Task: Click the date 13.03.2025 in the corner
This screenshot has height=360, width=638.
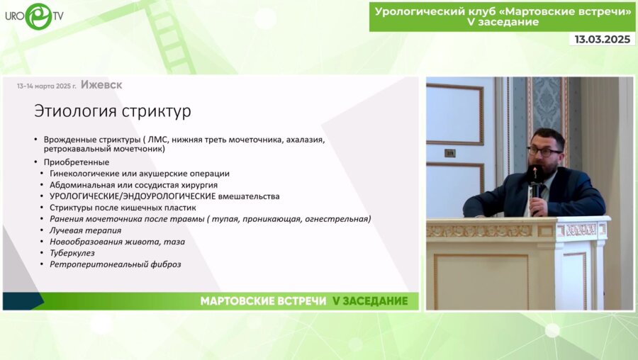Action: (602, 40)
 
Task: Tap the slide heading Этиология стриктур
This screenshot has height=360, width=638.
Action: (113, 111)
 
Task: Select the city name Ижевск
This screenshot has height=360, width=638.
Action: (101, 85)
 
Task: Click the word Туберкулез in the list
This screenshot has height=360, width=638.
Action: (72, 253)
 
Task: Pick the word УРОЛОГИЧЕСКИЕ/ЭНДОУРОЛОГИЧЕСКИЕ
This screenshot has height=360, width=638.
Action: (132, 196)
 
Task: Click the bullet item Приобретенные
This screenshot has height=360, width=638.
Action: (76, 162)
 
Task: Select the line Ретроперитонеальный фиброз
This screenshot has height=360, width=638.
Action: (115, 264)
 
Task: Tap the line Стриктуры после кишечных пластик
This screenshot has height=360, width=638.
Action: (123, 208)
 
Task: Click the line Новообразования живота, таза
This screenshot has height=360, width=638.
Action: (117, 242)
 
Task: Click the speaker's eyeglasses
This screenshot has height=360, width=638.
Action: (544, 151)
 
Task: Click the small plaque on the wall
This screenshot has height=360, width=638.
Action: (449, 153)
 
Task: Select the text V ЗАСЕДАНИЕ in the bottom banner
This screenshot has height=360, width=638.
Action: (370, 301)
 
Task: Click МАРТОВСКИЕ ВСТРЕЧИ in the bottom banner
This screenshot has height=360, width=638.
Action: (263, 301)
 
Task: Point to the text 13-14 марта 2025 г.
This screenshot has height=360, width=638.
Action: (47, 86)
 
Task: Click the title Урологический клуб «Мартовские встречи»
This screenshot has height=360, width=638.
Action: (503, 11)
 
